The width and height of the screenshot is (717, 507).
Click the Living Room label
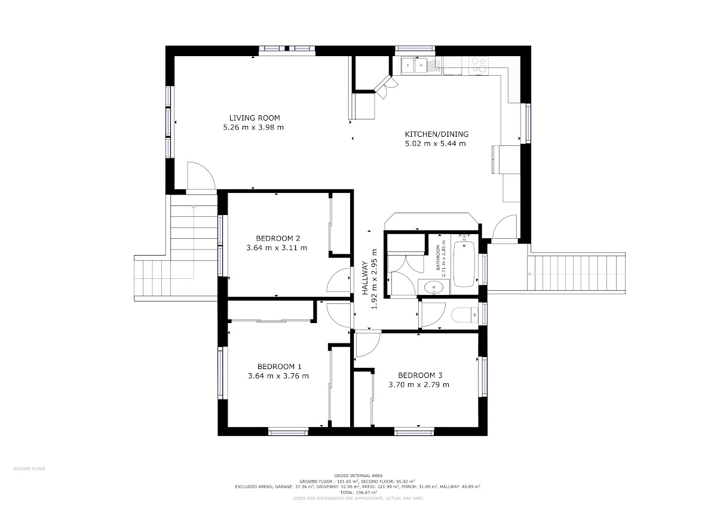[x=255, y=118]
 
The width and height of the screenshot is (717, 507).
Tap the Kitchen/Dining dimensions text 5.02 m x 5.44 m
[x=436, y=144]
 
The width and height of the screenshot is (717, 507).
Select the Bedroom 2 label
[x=278, y=238]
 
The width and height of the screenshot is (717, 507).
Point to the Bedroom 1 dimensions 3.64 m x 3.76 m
[x=278, y=376]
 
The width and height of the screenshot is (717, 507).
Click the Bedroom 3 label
[x=420, y=375]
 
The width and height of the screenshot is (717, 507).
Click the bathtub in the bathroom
[x=464, y=263]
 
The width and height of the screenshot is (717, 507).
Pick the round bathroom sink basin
[x=434, y=287]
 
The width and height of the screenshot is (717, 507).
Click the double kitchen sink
[x=415, y=66]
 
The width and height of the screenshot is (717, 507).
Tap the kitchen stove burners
[x=479, y=64]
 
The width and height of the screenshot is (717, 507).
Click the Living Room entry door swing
[x=201, y=176]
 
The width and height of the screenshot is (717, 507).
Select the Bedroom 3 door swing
[x=368, y=345]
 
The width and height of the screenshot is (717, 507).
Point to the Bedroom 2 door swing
[x=338, y=279]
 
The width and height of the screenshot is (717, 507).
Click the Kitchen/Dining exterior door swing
[x=504, y=226]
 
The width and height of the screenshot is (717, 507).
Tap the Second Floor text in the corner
[x=29, y=469]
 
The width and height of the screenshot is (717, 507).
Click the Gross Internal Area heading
[x=358, y=476]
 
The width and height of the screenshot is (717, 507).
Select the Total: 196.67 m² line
[x=358, y=493]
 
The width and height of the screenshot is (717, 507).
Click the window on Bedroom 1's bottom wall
[x=288, y=432]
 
